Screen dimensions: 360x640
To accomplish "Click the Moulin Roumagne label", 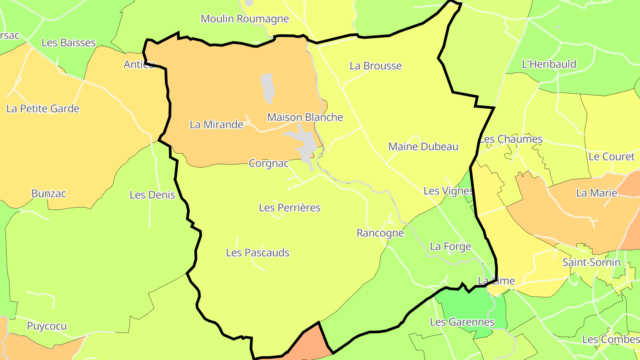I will pos(245,19).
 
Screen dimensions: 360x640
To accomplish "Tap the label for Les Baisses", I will pos(68,43).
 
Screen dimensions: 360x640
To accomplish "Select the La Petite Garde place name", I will pos(43,108).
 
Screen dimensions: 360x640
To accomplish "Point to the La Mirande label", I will pos(216,124).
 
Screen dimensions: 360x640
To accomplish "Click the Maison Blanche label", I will pos(305,117).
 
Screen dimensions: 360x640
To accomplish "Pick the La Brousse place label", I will pos(376,66).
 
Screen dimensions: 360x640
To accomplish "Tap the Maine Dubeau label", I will pos(423,147).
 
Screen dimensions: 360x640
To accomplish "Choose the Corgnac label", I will pos(268,164).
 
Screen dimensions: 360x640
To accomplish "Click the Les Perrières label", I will pos(289,208).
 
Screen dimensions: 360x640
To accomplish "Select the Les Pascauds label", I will pos(257,253).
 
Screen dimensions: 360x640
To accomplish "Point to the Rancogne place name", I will pos(380,233).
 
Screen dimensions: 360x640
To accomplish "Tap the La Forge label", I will pos(450,246).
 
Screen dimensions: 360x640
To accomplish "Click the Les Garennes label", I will pos(462,322).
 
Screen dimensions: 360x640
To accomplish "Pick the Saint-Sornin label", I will pos(591,262).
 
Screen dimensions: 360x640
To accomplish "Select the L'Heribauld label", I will pos(549,64).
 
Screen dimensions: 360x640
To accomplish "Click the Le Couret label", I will pos(612,157).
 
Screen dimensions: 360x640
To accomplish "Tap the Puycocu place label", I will pos(47,326).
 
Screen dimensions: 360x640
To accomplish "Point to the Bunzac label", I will pos(49,194).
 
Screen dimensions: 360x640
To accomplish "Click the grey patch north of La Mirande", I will pos(267,88).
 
